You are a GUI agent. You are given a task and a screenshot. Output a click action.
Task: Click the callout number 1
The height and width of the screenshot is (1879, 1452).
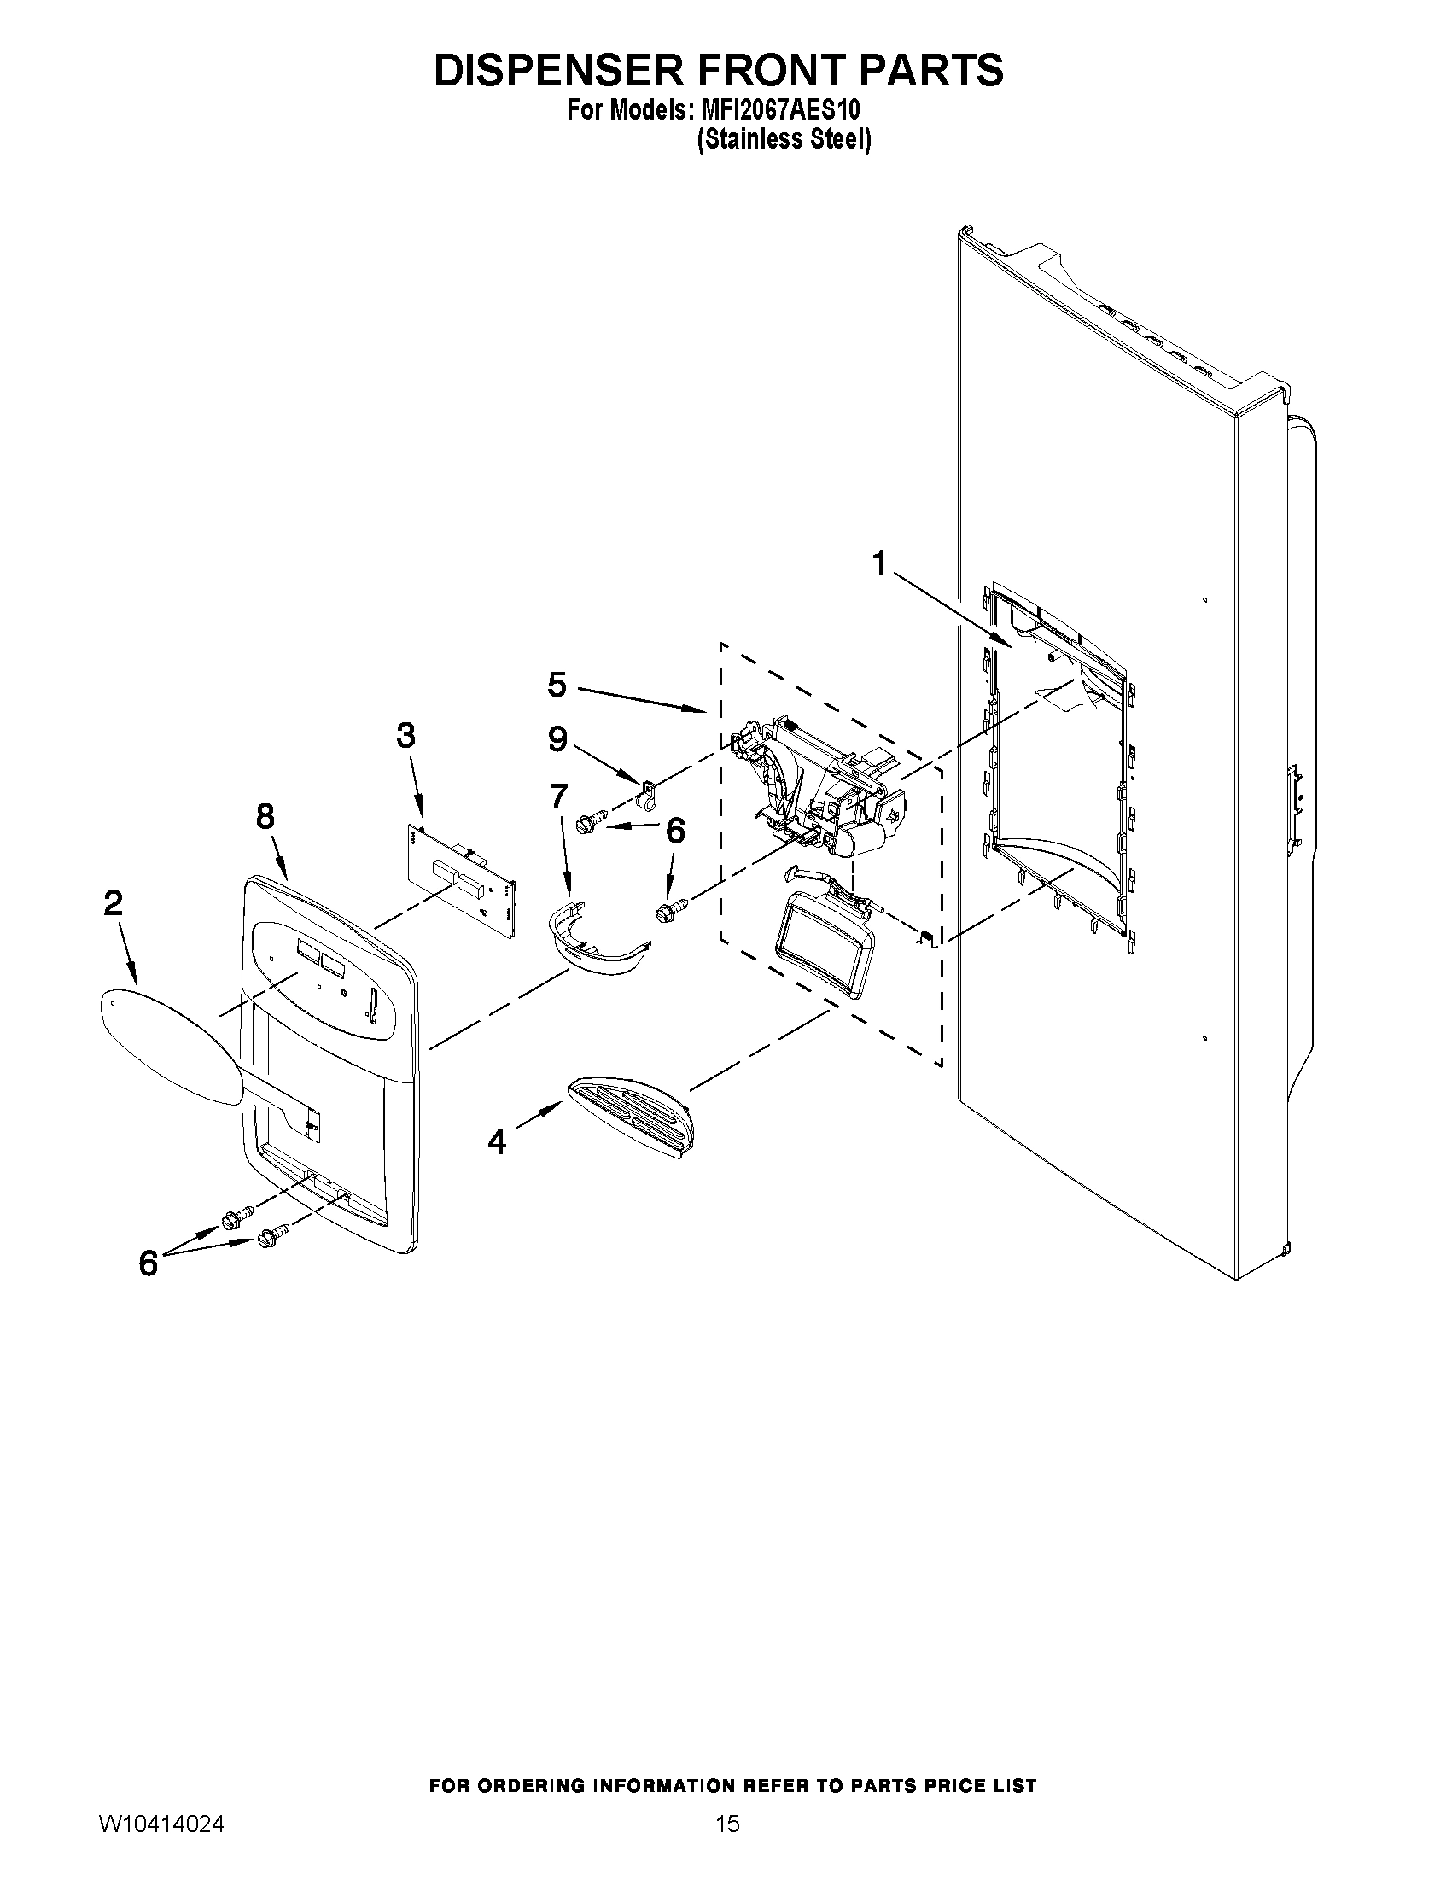pos(878,564)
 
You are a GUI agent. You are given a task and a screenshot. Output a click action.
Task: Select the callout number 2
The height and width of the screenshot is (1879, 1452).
pos(113,903)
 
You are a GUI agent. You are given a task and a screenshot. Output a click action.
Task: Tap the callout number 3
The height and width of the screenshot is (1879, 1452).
pos(405,736)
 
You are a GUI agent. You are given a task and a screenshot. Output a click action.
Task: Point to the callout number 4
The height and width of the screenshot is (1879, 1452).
pos(496,1141)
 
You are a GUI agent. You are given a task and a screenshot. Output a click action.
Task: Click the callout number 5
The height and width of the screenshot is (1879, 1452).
pos(557,685)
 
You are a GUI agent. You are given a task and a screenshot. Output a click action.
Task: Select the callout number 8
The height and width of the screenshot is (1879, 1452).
pos(265,815)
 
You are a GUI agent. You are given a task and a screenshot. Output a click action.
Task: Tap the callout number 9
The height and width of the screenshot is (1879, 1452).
pos(557,738)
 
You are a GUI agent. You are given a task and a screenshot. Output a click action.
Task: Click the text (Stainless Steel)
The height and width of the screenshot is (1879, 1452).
pos(784,139)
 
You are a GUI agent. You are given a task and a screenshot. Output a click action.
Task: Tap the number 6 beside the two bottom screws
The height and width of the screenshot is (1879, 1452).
pos(148,1263)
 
